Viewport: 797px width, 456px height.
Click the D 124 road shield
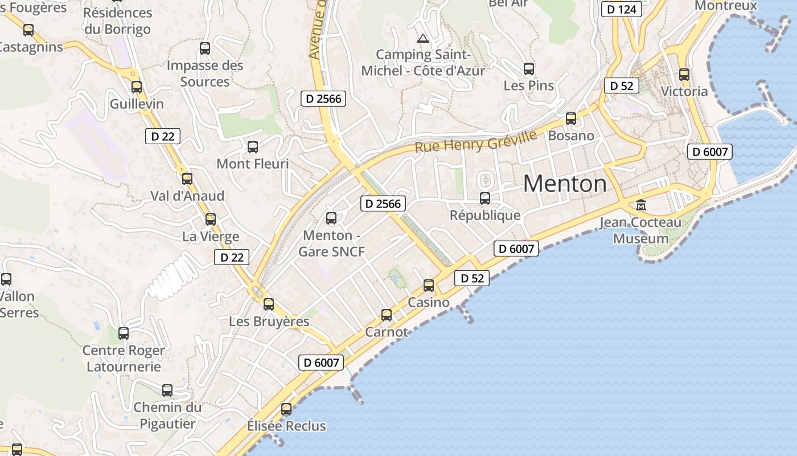tap(622, 9)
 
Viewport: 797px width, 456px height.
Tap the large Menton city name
tap(565, 184)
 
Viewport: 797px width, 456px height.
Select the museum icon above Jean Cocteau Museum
tap(641, 205)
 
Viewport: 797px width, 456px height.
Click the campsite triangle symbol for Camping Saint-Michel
tap(422, 39)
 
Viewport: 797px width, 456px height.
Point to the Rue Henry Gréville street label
tap(476, 141)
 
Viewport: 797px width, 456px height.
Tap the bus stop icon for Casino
tap(429, 286)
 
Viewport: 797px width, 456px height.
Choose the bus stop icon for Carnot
tap(387, 315)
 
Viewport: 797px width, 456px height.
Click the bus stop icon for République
tap(485, 198)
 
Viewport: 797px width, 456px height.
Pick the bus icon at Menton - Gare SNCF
tap(331, 218)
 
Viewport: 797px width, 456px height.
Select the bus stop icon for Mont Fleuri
tap(253, 147)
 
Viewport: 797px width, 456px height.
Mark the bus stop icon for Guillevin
tap(137, 87)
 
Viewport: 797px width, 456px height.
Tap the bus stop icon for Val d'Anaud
tap(187, 179)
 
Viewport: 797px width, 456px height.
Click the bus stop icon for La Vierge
tap(211, 219)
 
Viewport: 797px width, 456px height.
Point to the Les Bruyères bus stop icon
tap(269, 304)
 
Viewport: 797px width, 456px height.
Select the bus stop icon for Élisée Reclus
tap(286, 409)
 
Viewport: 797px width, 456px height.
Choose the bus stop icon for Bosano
tap(571, 119)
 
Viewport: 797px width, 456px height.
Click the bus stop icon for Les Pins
tap(529, 69)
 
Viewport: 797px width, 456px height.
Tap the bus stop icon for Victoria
tap(684, 75)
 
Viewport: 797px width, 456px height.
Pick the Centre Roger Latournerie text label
tap(124, 358)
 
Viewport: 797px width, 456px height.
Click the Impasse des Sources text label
tap(205, 74)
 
